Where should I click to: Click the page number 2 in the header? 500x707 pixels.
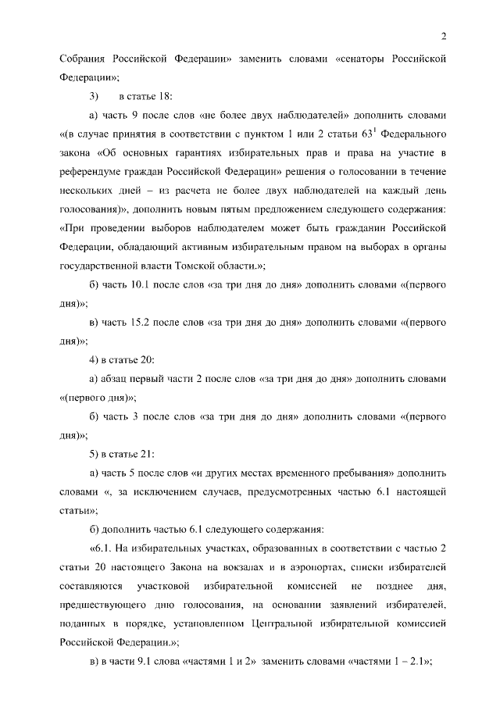[x=443, y=35]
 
